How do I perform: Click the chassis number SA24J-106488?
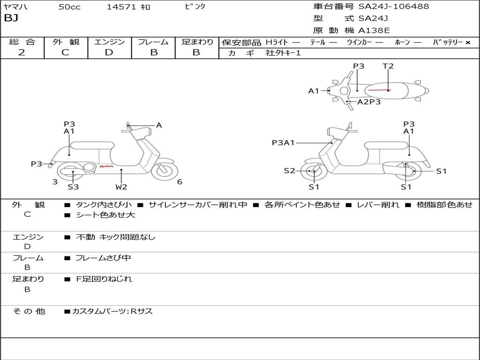pos(394,6)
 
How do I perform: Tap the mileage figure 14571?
pos(121,7)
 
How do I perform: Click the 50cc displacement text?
pos(69,7)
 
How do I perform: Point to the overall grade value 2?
pos(22,52)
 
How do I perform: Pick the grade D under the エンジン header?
pos(109,52)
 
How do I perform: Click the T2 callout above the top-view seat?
pos(388,66)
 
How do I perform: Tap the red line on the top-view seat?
pos(378,90)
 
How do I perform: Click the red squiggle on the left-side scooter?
pos(106,167)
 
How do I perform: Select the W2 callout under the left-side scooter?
pos(121,187)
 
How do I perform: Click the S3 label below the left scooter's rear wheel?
pos(73,187)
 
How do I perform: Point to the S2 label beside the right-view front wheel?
pos(289,171)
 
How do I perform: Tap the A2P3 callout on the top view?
pos(369,102)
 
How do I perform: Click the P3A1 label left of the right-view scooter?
pos(283,142)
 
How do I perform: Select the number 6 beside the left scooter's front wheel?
pos(180,182)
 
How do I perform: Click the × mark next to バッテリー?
pos(468,43)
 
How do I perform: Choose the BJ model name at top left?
pos(11,18)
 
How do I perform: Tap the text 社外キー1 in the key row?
pos(283,53)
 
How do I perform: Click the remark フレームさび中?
pos(103,258)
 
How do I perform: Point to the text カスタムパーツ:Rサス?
pos(112,311)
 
